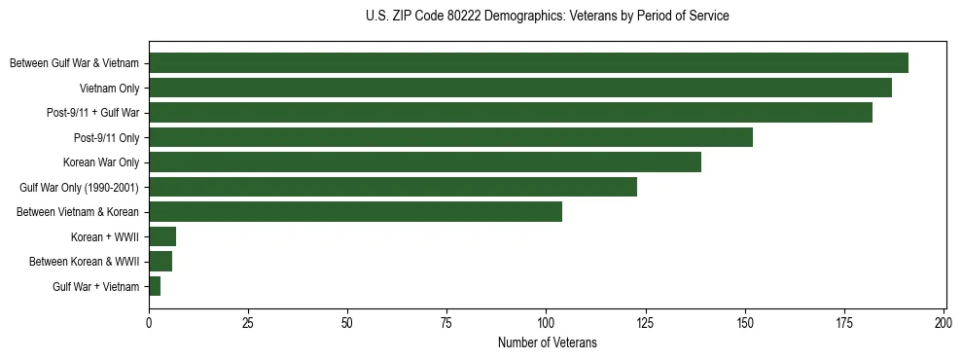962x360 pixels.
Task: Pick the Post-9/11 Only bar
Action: (x=450, y=137)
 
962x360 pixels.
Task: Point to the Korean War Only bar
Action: (x=425, y=162)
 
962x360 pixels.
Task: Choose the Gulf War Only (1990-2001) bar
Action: (x=393, y=187)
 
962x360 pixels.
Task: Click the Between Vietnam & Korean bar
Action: (x=355, y=212)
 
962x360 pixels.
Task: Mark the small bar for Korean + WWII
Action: (x=162, y=236)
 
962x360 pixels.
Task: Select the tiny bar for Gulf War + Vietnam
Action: (x=155, y=286)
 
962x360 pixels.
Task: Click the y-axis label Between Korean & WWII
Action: (x=85, y=262)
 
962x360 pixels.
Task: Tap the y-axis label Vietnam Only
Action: (x=109, y=89)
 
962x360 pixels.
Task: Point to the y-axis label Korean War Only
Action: (x=101, y=162)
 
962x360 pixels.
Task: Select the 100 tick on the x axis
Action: (x=546, y=321)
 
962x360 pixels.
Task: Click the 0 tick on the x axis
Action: (x=149, y=321)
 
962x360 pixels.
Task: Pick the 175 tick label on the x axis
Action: (x=844, y=321)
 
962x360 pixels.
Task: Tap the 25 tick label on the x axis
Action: (x=248, y=321)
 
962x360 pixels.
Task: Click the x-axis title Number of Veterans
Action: (x=547, y=342)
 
